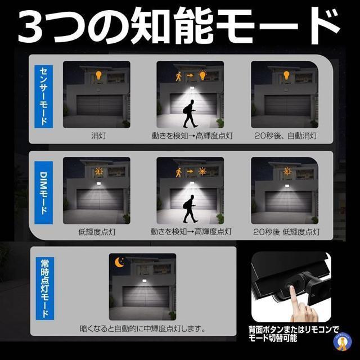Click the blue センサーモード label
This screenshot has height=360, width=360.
pyautogui.click(x=44, y=97)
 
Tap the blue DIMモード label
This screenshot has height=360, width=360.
pyautogui.click(x=44, y=192)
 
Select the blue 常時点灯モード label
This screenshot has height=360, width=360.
pyautogui.click(x=45, y=289)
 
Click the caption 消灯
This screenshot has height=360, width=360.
pyautogui.click(x=98, y=136)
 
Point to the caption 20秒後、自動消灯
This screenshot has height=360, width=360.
pyautogui.click(x=286, y=136)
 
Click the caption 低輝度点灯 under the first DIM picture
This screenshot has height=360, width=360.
pyautogui.click(x=97, y=232)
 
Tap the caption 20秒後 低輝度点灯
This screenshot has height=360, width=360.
pyautogui.click(x=286, y=232)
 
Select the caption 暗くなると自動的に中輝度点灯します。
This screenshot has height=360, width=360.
pyautogui.click(x=142, y=328)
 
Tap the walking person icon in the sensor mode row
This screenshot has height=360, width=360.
pyautogui.click(x=179, y=76)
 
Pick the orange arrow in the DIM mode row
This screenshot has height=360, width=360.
pyautogui.click(x=190, y=171)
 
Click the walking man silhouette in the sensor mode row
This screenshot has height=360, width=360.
pyautogui.click(x=190, y=114)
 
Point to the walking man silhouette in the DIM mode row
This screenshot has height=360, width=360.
pyautogui.click(x=190, y=209)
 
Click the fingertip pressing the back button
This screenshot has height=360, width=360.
pyautogui.click(x=292, y=288)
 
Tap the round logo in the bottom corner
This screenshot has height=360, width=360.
pyautogui.click(x=342, y=342)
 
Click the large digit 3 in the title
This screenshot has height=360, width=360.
pyautogui.click(x=31, y=26)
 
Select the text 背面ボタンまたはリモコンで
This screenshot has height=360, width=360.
pyautogui.click(x=294, y=330)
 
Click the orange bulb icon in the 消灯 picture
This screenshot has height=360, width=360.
pyautogui.click(x=98, y=75)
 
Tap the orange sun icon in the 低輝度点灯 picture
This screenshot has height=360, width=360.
pyautogui.click(x=99, y=171)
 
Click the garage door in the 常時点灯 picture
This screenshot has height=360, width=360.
pyautogui.click(x=146, y=296)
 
